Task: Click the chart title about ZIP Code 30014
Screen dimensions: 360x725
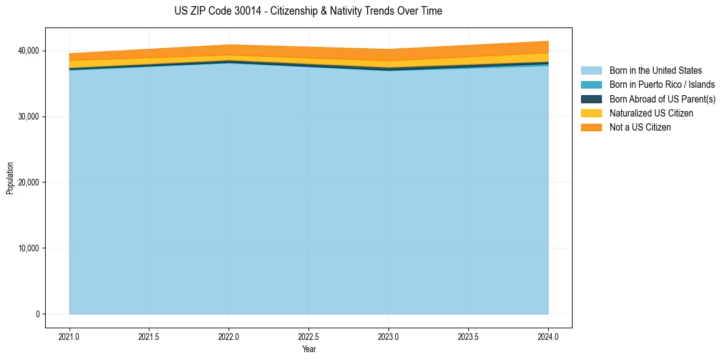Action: click(308, 11)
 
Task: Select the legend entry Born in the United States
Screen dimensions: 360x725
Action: click(655, 71)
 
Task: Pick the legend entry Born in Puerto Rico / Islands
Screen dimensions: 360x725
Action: click(662, 85)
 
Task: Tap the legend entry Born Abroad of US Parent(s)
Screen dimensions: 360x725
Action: click(662, 99)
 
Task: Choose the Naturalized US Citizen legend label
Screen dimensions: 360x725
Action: click(651, 113)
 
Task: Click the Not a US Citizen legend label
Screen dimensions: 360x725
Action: click(640, 127)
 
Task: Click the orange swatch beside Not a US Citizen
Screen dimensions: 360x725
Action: click(591, 127)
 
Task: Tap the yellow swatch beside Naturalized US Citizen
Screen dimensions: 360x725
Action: click(591, 113)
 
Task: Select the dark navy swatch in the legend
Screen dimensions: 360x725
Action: click(591, 99)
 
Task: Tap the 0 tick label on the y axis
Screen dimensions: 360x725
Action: click(37, 314)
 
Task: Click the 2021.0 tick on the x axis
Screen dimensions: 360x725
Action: click(70, 336)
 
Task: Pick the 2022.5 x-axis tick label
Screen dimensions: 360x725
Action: click(309, 336)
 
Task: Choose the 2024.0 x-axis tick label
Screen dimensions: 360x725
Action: click(548, 336)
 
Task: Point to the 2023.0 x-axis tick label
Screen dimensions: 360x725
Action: click(388, 336)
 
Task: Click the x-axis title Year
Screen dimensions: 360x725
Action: click(309, 349)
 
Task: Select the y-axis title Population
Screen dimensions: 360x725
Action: click(10, 178)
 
